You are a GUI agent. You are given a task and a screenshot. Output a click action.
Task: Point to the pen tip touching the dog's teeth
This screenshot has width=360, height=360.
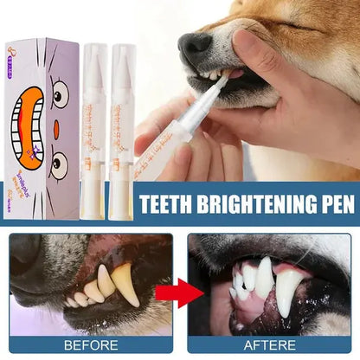(223, 80)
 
